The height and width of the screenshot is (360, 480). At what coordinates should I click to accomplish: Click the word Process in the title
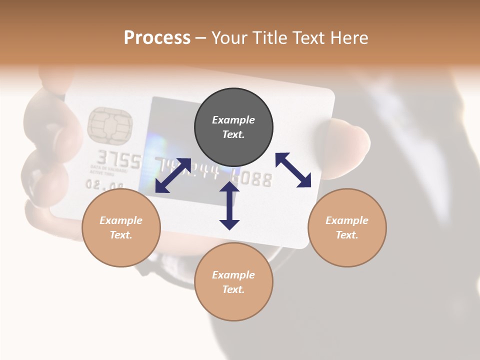tap(157, 37)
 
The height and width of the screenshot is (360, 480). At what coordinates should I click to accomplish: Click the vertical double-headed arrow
tap(229, 205)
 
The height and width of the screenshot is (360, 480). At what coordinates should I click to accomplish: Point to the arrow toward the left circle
tap(173, 175)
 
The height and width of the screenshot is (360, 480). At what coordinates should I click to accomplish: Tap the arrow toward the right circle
tap(293, 170)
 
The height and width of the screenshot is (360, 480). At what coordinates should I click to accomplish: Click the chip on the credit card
tap(109, 124)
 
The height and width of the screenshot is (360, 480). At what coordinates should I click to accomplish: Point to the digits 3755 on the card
tap(118, 159)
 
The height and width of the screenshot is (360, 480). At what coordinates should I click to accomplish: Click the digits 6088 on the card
tap(255, 179)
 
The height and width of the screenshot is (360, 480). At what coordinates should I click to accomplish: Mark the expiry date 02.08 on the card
tap(104, 185)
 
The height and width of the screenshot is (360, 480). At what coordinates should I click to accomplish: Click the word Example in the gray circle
tap(233, 120)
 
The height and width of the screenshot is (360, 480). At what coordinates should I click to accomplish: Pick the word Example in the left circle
tap(121, 220)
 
